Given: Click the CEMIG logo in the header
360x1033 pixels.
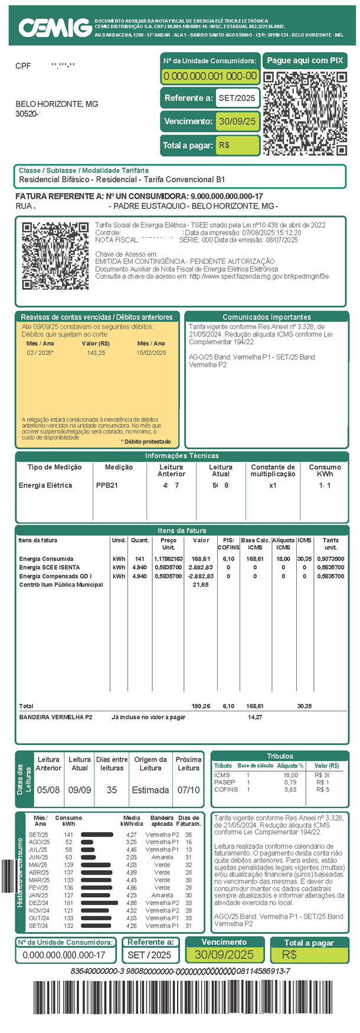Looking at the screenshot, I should pyautogui.click(x=54, y=27).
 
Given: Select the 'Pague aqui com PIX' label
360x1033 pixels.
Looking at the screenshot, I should pyautogui.click(x=305, y=60).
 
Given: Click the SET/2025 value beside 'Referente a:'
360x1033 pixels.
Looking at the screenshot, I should pyautogui.click(x=237, y=98).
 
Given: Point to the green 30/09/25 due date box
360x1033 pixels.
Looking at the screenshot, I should pyautogui.click(x=237, y=122).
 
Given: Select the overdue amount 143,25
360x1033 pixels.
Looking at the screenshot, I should pyautogui.click(x=96, y=353).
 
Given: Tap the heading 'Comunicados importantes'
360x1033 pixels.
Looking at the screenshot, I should pyautogui.click(x=266, y=317).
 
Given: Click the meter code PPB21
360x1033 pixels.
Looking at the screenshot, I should pyautogui.click(x=107, y=485).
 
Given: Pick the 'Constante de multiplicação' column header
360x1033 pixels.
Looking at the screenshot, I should pyautogui.click(x=272, y=470).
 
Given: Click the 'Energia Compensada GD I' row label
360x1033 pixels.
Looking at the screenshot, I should pyautogui.click(x=55, y=576).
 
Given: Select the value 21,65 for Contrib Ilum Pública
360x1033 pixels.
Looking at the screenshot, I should pyautogui.click(x=201, y=585).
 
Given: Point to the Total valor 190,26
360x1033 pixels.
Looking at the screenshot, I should pyautogui.click(x=201, y=706).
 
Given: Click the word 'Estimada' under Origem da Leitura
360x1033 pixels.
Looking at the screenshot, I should pyautogui.click(x=150, y=790).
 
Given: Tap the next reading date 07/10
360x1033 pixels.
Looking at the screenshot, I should pyautogui.click(x=189, y=790).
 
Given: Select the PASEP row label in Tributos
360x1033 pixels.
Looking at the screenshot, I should pyautogui.click(x=224, y=782).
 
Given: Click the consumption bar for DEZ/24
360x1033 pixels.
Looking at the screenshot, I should pyautogui.click(x=100, y=903).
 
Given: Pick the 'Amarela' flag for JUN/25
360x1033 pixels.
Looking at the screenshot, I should pyautogui.click(x=162, y=857).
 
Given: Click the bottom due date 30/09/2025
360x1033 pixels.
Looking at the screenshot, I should pyautogui.click(x=224, y=954).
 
